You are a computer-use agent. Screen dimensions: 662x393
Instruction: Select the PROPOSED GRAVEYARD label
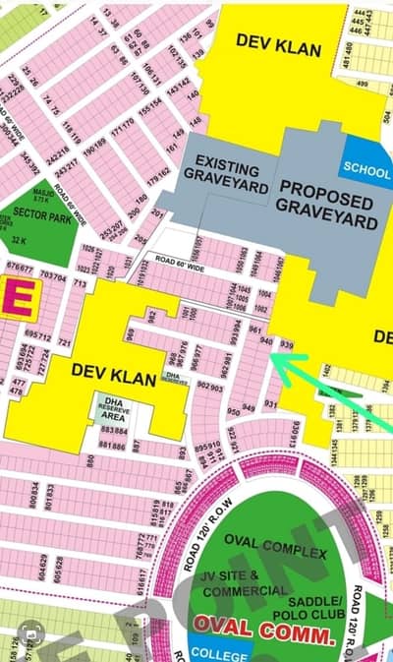coord(327,205)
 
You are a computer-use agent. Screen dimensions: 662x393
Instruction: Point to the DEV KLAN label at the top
coord(270,40)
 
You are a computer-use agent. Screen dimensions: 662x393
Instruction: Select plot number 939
coord(286,345)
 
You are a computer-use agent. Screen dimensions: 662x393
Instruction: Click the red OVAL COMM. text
coord(262,625)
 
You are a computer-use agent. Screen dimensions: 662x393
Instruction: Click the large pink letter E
coord(17,298)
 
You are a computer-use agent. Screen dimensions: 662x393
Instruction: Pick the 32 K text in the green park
coord(19,240)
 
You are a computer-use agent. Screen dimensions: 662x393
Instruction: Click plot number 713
coord(81,283)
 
